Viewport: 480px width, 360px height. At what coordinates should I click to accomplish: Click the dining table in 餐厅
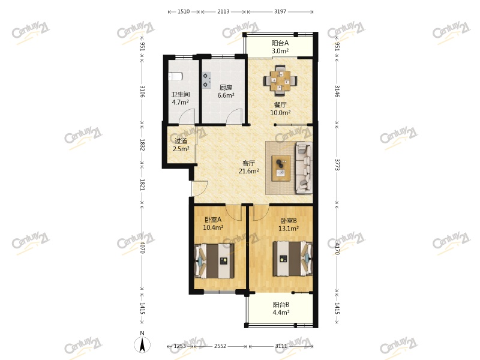click(x=280, y=80)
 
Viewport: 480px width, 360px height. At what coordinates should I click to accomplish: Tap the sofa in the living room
click(x=304, y=167)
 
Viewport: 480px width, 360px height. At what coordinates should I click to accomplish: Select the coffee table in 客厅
click(x=281, y=167)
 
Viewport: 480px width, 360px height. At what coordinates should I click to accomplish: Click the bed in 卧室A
click(x=212, y=262)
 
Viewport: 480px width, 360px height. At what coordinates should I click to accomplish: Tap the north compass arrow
click(x=142, y=344)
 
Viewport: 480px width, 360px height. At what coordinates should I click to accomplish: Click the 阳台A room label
click(x=280, y=43)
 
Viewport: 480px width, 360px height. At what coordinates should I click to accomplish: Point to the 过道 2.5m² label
click(x=181, y=145)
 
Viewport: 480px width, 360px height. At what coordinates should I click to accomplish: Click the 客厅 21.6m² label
click(x=249, y=167)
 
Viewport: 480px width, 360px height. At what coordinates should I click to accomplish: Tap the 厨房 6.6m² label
click(x=226, y=91)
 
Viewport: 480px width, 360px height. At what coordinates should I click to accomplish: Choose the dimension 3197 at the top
click(x=281, y=11)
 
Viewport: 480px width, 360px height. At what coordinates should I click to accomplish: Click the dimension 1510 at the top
click(x=184, y=11)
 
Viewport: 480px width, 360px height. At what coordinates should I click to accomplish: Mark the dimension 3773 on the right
click(x=337, y=164)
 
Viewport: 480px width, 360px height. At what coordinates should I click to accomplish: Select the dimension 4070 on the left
click(x=143, y=247)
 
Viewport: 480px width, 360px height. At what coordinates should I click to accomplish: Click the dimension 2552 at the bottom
click(x=220, y=346)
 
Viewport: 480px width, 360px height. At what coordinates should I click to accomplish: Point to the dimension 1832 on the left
click(x=143, y=146)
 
